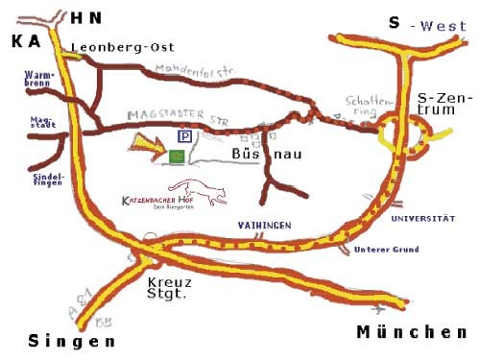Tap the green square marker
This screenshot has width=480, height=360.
coord(177,155)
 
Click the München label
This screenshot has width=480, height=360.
coord(411,332)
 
